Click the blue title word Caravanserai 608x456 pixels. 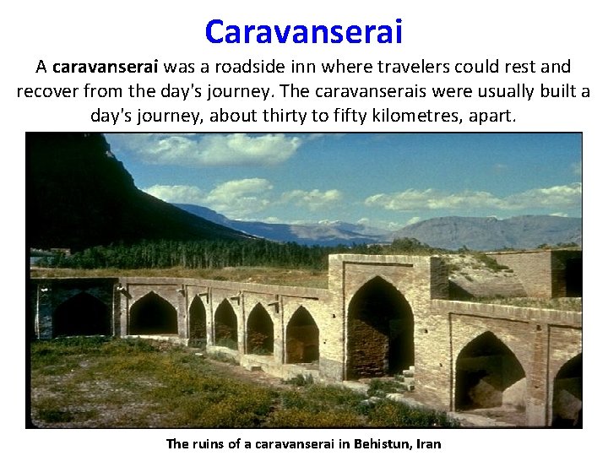coord(304,32)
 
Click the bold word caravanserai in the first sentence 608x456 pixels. coord(106,67)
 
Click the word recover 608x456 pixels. coord(45,91)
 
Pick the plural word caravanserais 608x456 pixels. coord(334,91)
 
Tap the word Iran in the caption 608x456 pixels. coord(426,443)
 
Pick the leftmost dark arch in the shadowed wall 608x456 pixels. coord(80,314)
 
